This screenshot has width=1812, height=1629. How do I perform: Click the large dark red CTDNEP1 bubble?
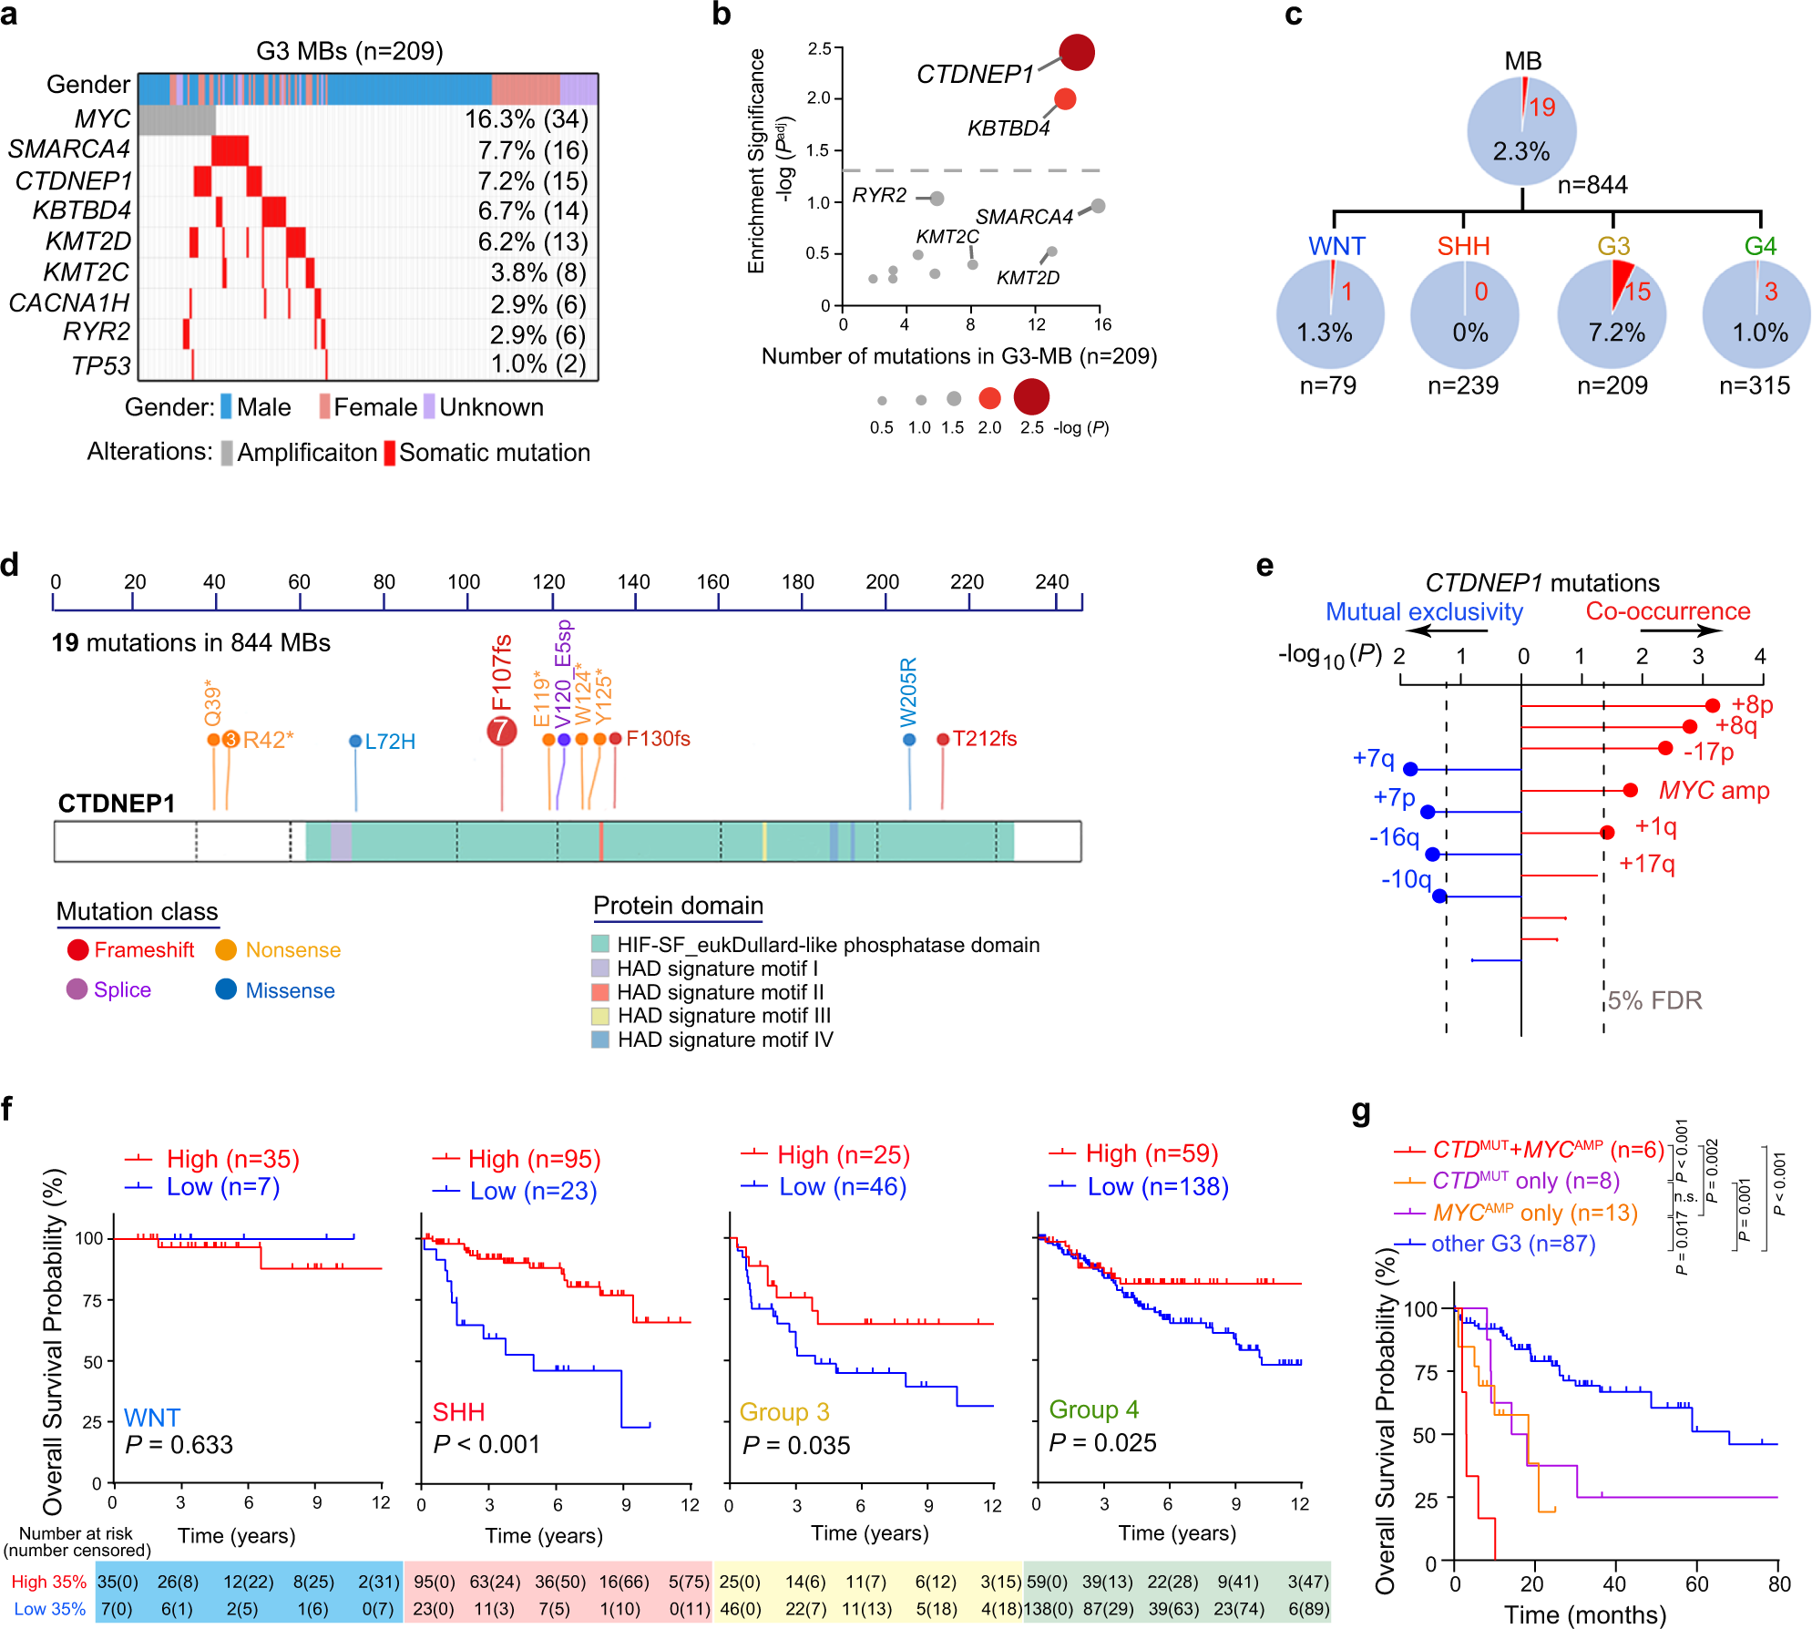pos(1077,53)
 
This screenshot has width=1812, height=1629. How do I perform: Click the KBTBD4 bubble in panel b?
pos(1064,99)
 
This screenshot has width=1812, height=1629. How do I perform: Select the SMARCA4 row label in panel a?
pos(69,149)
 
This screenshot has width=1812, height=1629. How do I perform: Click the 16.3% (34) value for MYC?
pos(527,119)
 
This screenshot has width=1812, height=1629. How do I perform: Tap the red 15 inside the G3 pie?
pos(1637,292)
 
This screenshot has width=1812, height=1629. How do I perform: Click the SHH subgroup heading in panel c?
pos(1463,246)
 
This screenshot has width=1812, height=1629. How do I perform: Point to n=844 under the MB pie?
pos(1592,185)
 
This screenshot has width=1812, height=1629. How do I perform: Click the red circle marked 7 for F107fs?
pos(501,730)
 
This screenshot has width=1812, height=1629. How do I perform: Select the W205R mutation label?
pos(909,692)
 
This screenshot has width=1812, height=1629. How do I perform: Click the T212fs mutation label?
pos(984,739)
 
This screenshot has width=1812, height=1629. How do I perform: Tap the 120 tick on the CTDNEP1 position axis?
pos(549,582)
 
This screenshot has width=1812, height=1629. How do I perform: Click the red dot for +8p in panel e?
pos(1712,705)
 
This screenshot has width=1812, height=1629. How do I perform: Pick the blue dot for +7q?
pos(1410,769)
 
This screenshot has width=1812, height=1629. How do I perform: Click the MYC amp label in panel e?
pos(1714,791)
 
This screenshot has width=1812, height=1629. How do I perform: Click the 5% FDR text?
pos(1654,1000)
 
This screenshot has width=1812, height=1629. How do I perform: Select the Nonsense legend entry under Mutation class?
pos(292,950)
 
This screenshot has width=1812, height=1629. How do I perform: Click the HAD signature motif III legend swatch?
pos(600,1016)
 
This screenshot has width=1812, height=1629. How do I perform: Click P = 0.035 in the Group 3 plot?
pos(796,1446)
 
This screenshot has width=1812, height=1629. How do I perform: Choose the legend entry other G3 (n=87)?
pos(1512,1244)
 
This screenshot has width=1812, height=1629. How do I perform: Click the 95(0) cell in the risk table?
pos(435,1582)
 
